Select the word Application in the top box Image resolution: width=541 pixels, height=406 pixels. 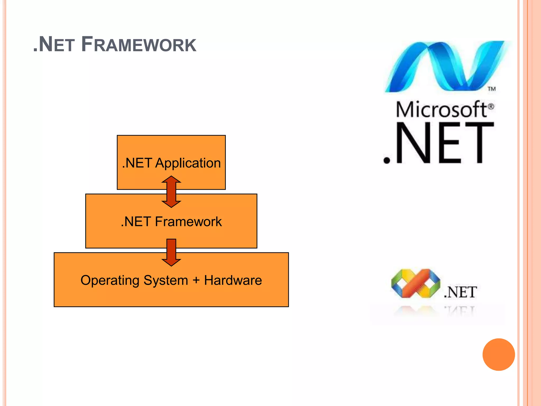point(188,163)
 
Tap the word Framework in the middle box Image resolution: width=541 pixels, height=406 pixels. point(188,222)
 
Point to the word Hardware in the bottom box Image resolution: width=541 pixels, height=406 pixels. point(233,280)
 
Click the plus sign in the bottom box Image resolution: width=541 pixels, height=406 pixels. point(196,280)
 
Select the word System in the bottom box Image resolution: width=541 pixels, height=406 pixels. point(166,280)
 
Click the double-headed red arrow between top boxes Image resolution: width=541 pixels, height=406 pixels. point(171,192)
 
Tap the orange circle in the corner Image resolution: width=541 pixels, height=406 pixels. point(498,354)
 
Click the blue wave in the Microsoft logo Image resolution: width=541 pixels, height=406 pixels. point(446,67)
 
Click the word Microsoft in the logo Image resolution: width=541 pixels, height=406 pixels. point(441,109)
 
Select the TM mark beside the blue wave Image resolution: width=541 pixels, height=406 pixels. point(492,89)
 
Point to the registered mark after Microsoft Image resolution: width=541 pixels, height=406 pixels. point(491,107)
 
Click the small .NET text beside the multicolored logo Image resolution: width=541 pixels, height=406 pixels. point(460,292)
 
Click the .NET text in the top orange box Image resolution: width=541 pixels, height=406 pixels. point(137,163)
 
